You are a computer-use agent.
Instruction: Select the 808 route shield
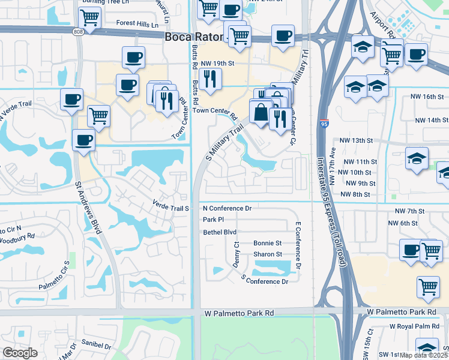tap(79, 32)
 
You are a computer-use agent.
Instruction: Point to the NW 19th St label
tap(217, 62)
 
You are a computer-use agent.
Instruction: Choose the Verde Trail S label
tap(171, 205)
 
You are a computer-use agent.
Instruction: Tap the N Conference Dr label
tap(227, 208)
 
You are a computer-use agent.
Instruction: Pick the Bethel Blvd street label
tap(220, 232)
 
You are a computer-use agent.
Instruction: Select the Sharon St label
tap(267, 254)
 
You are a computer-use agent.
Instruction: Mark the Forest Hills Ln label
tap(137, 25)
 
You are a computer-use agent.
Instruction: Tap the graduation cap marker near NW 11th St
tap(417, 158)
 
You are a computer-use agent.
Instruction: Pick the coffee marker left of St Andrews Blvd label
tap(83, 140)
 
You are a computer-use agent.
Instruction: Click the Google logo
tap(19, 353)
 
